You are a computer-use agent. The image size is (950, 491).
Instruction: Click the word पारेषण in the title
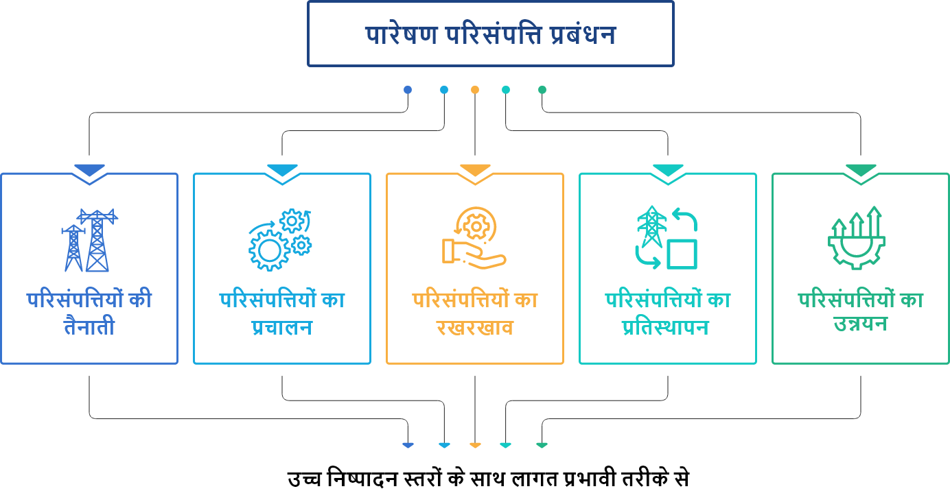pos(401,35)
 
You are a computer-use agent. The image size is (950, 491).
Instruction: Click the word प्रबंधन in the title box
pos(582,35)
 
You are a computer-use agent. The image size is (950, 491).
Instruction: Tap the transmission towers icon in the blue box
pos(89,240)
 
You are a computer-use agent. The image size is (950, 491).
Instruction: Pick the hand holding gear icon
pos(474,237)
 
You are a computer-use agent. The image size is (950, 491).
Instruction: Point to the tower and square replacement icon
pos(667,238)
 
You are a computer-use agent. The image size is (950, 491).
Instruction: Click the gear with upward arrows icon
pos(856,237)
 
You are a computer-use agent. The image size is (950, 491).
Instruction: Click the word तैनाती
pos(89,328)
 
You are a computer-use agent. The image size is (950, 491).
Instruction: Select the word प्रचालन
pos(281,328)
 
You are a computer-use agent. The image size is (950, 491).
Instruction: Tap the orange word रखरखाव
pos(474,328)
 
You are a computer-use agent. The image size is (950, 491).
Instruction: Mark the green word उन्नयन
pos(860,324)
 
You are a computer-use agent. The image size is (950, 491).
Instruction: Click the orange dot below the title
pos(475,90)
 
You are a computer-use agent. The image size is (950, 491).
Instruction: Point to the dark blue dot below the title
pos(408,90)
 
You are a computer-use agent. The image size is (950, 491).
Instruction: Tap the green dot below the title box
pos(542,90)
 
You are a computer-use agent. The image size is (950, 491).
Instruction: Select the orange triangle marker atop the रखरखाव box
pos(475,170)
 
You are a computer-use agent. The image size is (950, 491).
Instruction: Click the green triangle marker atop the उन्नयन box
pos(861,170)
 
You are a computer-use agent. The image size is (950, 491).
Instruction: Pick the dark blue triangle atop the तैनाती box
pos(89,170)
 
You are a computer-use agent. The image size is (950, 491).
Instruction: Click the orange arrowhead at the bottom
pos(475,446)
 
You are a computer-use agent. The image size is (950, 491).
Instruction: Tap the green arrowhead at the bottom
pos(542,446)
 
